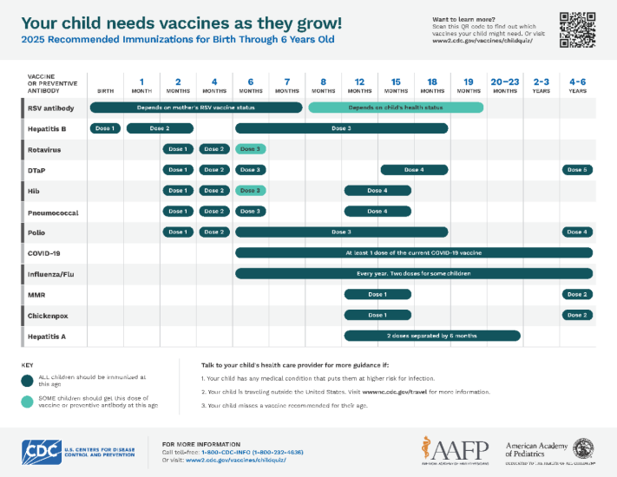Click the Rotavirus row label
45,149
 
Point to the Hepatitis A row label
47,336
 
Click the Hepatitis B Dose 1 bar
105,128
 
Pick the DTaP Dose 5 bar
577,170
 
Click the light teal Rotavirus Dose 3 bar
251,149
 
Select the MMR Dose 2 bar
577,294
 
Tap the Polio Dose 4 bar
577,232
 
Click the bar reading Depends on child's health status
395,108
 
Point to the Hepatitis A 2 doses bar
432,336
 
